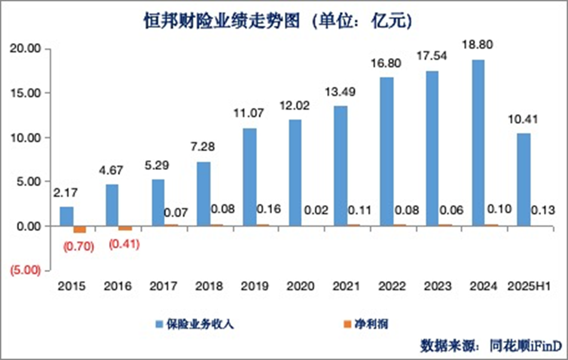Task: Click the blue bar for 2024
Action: (478, 143)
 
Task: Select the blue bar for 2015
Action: (67, 216)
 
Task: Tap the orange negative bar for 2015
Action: (80, 229)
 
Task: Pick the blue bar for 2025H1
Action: (523, 180)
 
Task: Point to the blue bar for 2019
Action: (250, 177)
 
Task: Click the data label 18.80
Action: (477, 45)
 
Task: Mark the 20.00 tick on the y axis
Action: (25, 48)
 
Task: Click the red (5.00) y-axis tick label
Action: (25, 270)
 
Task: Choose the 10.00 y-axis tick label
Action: (25, 138)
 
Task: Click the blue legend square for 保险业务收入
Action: (159, 324)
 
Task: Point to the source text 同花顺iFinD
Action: (526, 345)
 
